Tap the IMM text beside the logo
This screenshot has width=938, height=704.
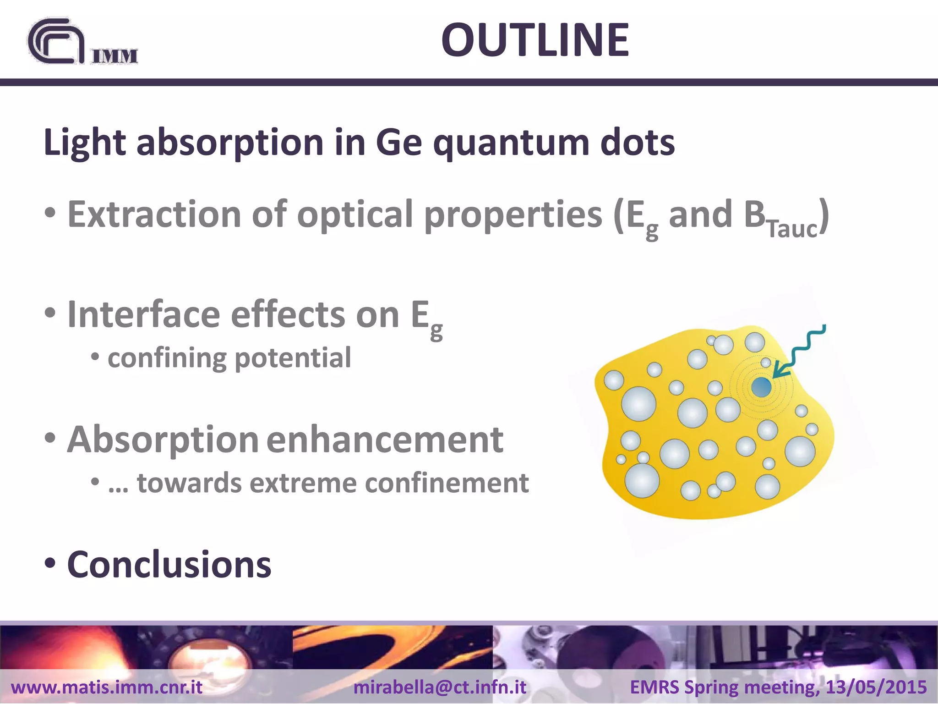point(115,56)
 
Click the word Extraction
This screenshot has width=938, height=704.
point(154,214)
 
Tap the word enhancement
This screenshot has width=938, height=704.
point(385,439)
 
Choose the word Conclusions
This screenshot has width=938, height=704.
point(169,565)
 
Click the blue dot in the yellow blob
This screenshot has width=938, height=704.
point(761,387)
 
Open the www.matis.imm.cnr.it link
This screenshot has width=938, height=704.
point(107,687)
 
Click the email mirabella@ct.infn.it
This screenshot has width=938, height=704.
point(440,687)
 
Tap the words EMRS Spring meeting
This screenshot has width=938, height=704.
point(724,687)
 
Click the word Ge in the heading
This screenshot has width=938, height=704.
point(398,143)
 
